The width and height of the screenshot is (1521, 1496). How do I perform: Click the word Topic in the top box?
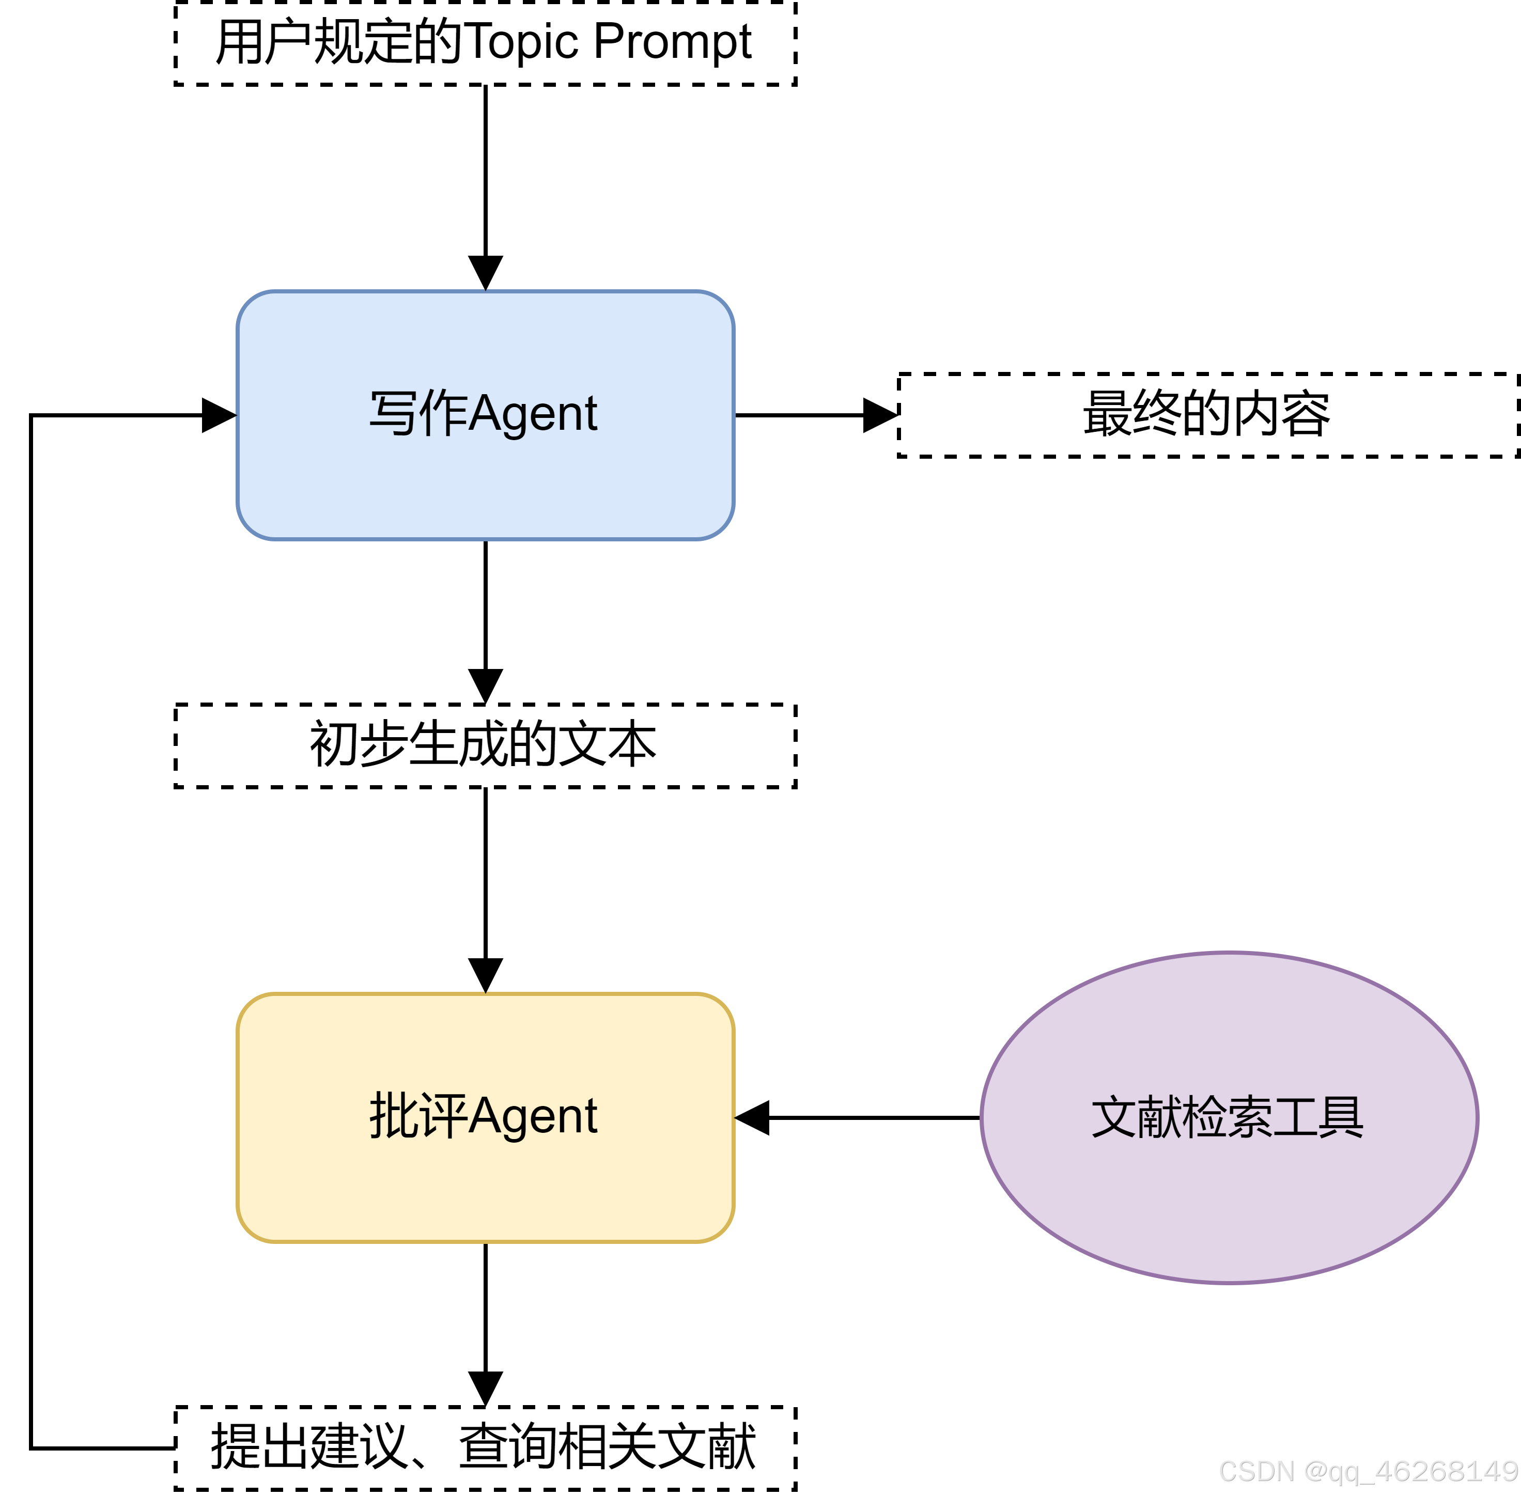[522, 42]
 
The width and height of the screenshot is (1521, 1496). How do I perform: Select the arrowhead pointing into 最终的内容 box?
[880, 415]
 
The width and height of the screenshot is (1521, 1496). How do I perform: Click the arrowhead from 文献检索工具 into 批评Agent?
[753, 1117]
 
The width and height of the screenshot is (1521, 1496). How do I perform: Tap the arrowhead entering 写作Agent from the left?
[219, 415]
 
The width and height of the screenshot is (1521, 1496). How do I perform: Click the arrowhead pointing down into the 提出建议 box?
[486, 1389]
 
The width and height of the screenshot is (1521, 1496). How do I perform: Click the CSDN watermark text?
[1368, 1471]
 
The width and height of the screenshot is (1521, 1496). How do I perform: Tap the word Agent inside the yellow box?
[534, 1116]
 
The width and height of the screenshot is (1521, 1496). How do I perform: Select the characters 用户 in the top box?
[262, 42]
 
